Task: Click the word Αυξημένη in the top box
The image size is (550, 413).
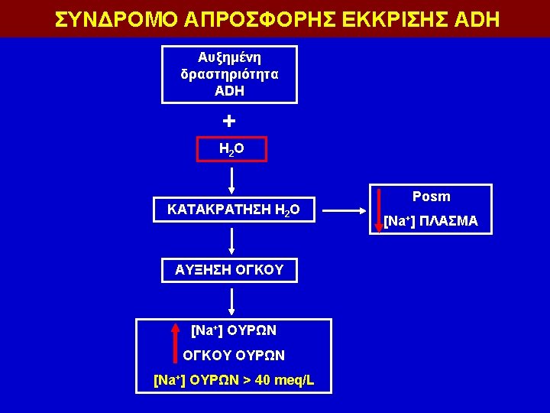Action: [x=229, y=58]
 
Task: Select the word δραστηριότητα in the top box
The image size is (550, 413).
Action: [x=229, y=74]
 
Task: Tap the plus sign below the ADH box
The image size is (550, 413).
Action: [x=229, y=121]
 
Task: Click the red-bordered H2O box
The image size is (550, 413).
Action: [x=232, y=149]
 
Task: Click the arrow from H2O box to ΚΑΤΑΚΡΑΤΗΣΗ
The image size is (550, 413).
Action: [x=232, y=180]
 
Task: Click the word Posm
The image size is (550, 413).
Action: [x=431, y=197]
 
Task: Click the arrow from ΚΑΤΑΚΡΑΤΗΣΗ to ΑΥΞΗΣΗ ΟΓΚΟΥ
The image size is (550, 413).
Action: [x=232, y=240]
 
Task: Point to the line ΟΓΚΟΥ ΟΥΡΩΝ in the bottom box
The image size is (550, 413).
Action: [x=233, y=355]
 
